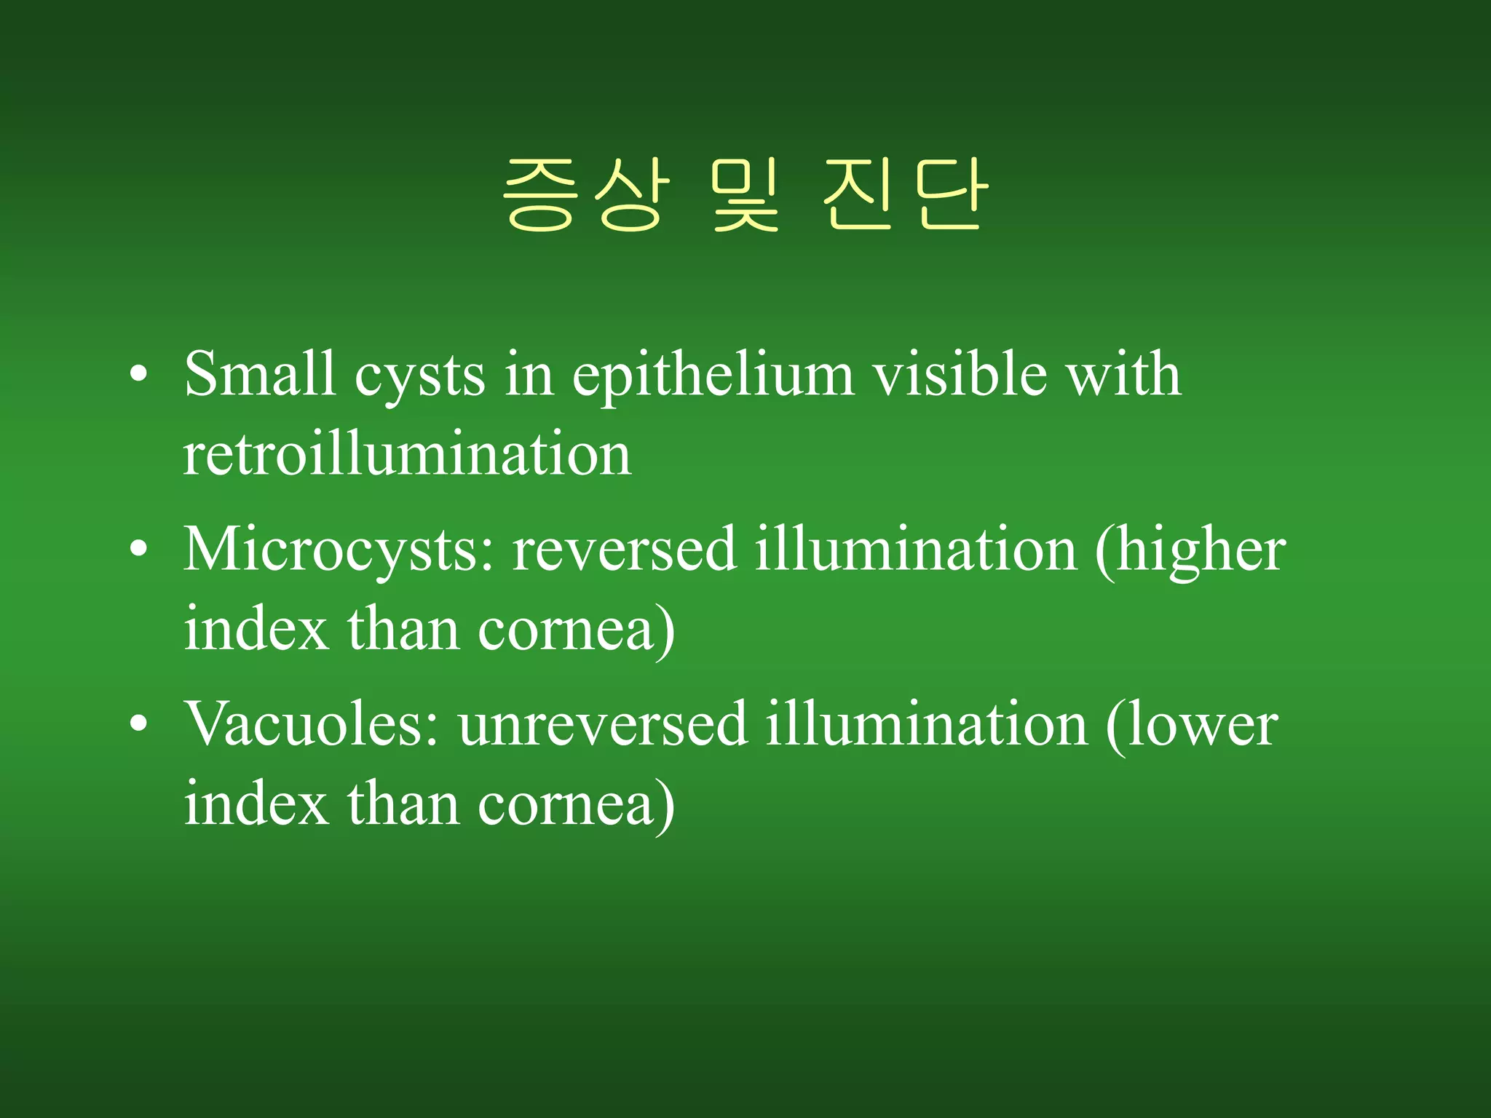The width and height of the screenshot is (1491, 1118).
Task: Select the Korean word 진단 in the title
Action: (905, 195)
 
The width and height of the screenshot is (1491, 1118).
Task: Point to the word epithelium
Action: (713, 376)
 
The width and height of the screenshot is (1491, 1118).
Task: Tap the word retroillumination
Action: (407, 454)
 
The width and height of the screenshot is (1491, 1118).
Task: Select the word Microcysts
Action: (338, 551)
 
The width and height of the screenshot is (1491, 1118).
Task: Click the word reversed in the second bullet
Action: (624, 550)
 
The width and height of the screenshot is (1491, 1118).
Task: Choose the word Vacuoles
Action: (312, 724)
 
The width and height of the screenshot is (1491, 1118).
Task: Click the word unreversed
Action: (603, 726)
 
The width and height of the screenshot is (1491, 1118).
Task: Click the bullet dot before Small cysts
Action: (138, 376)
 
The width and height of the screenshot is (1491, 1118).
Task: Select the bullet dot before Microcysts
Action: (138, 551)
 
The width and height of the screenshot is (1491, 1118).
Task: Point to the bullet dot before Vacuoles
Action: (138, 726)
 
